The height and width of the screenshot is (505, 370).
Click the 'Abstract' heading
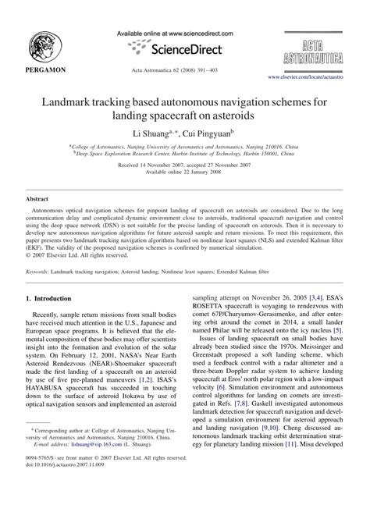pos(39,200)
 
